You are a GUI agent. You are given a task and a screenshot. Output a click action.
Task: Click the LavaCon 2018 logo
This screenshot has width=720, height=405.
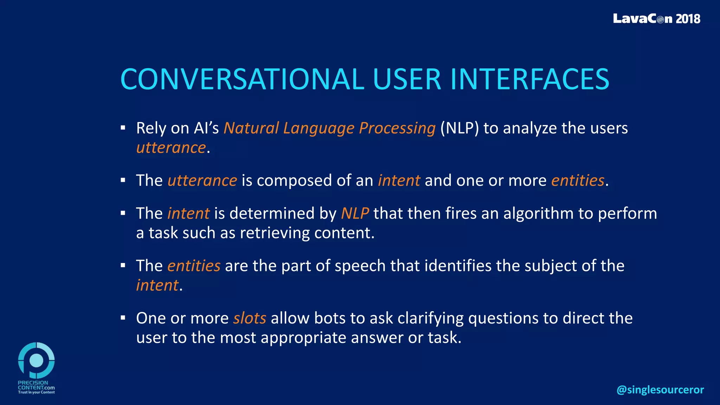[656, 19]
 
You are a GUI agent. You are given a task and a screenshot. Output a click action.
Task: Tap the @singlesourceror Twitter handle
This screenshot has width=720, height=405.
[660, 390]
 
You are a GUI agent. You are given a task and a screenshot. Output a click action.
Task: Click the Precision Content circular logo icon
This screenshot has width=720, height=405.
[36, 360]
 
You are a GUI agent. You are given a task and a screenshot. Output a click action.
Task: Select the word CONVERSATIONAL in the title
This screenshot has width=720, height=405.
[242, 79]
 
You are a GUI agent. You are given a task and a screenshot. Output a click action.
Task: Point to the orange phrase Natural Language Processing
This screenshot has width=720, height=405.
[329, 128]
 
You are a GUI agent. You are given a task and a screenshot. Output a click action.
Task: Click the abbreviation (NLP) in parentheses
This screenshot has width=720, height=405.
[459, 128]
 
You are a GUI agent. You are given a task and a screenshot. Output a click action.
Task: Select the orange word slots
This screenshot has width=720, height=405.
[250, 318]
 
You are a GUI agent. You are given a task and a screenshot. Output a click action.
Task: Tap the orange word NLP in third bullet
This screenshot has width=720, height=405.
[355, 213]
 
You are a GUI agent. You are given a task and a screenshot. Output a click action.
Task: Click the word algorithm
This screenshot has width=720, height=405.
[538, 213]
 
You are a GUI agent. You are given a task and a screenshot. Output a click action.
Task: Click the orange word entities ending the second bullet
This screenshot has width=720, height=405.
[578, 181]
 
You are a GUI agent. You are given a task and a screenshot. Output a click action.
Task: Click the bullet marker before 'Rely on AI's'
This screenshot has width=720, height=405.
[123, 128]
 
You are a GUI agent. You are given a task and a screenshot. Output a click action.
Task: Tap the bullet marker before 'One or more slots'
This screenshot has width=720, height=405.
[123, 318]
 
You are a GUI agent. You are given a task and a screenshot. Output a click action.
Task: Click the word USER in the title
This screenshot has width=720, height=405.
[406, 79]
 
